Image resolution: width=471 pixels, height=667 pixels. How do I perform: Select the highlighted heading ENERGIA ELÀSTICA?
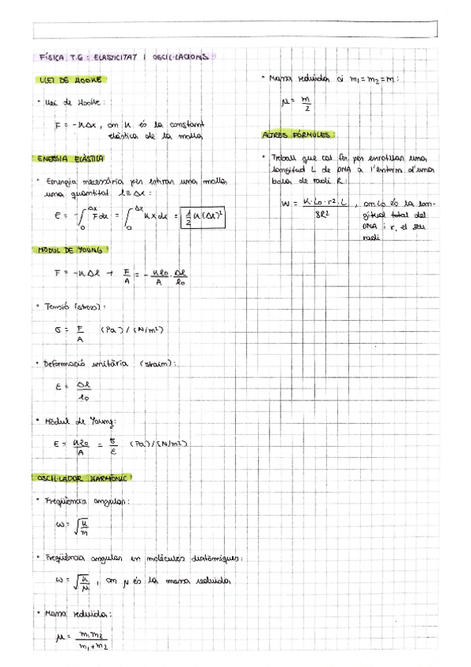click(72, 159)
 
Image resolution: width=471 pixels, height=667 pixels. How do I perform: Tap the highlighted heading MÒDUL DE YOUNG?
click(72, 250)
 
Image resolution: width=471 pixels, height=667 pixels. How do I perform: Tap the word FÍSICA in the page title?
click(54, 57)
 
